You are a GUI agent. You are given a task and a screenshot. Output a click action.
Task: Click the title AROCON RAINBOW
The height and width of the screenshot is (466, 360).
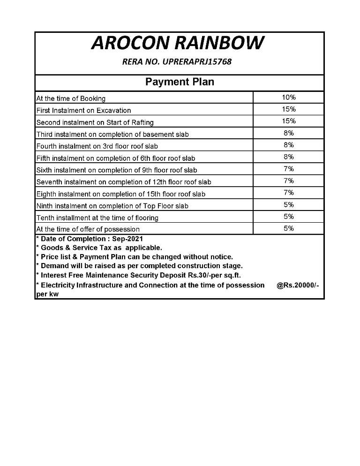click(x=177, y=43)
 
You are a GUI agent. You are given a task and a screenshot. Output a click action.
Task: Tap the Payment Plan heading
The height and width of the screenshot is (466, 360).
click(x=180, y=82)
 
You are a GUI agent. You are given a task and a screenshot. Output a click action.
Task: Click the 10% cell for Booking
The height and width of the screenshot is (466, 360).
click(x=288, y=98)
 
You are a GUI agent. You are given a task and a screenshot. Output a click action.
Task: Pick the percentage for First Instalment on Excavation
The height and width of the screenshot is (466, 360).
click(x=288, y=109)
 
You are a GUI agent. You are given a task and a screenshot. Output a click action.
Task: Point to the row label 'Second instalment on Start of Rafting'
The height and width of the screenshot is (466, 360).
click(x=95, y=122)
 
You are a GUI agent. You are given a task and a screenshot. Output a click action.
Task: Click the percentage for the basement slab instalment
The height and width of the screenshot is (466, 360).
click(x=288, y=133)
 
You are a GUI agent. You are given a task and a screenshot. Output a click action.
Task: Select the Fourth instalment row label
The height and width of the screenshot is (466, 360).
click(x=97, y=146)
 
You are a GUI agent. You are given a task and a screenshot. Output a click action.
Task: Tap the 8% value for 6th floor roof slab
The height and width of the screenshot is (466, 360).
click(x=288, y=157)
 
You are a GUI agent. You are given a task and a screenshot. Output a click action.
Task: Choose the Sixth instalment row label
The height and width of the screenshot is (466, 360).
click(x=116, y=170)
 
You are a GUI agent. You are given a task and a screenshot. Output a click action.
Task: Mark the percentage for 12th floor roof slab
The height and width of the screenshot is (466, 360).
click(x=288, y=181)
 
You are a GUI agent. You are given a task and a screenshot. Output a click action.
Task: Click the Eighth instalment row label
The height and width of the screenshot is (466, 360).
click(x=120, y=194)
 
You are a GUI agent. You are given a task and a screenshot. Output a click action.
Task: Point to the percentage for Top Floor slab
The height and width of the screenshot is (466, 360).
click(x=288, y=205)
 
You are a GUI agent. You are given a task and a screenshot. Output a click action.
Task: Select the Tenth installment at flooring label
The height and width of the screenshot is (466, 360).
click(x=97, y=218)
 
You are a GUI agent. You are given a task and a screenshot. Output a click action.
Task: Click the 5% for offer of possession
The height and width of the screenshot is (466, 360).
click(x=288, y=229)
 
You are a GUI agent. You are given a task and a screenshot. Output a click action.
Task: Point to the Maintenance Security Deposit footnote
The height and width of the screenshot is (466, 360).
click(x=141, y=275)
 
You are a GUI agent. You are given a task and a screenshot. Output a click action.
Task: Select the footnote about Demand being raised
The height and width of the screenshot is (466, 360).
click(x=141, y=266)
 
